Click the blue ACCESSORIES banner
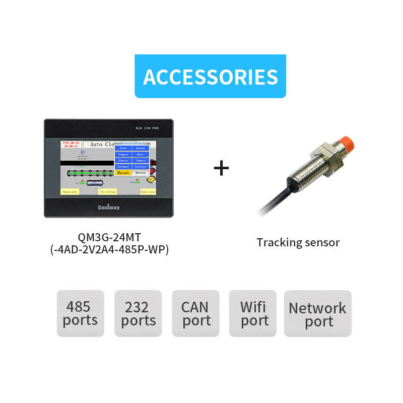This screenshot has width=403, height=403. tap(210, 76)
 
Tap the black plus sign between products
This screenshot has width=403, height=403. tap(222, 168)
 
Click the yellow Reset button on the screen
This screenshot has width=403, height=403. tap(123, 173)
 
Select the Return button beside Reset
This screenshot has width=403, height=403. tap(140, 173)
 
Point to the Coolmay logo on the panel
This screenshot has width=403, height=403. tap(108, 207)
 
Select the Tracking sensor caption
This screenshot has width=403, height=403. tap(298, 242)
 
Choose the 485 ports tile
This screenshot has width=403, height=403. tap(80, 313)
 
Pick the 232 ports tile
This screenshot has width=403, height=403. tap(138, 313)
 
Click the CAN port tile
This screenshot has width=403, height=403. tap(196, 313)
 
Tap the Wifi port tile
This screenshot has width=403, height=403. tap(253, 313)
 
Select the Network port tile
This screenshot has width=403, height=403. tap(317, 313)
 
